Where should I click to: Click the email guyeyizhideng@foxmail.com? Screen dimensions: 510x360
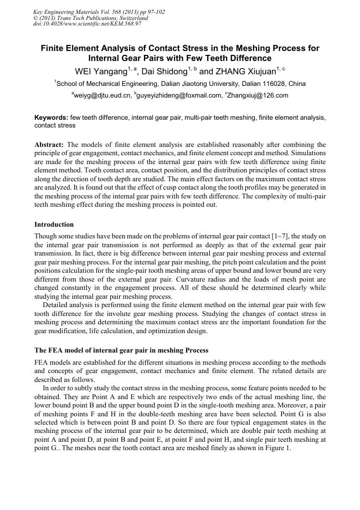[178, 95]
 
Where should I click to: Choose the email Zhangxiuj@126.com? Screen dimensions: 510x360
[258, 95]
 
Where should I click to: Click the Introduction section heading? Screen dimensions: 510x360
[54, 225]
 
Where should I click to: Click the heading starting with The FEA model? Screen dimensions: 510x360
[121, 350]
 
